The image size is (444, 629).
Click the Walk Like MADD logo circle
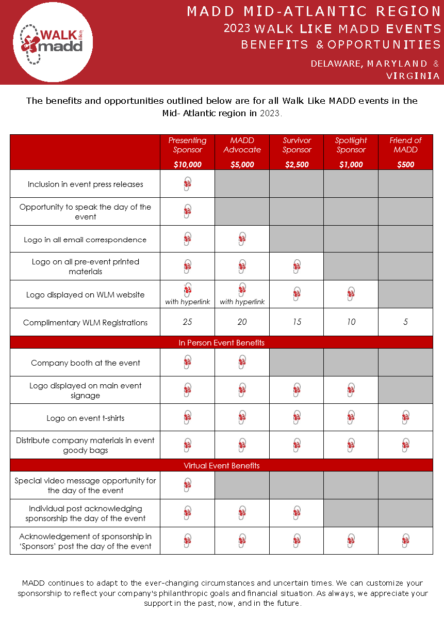(53, 42)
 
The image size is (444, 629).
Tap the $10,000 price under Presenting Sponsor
(188, 165)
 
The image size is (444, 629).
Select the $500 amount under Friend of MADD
(405, 165)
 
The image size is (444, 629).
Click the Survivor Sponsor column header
(297, 145)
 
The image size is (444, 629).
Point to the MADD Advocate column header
(242, 145)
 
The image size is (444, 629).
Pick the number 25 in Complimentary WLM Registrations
(188, 322)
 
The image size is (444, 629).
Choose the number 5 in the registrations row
(405, 322)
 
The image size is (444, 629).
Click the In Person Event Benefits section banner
(221, 342)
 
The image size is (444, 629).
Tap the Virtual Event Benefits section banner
(221, 465)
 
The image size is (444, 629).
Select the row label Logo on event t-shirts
(85, 418)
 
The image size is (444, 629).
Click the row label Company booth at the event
(85, 363)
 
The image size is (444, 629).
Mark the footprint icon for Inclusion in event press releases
(188, 184)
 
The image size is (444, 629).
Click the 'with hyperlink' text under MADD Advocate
(242, 302)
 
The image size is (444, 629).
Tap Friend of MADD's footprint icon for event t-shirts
(405, 417)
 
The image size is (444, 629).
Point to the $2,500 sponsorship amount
(297, 165)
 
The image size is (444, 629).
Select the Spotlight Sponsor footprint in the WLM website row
(351, 294)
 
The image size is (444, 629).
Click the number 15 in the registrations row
(297, 322)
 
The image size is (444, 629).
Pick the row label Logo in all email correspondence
(85, 240)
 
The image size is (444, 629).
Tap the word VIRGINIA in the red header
(413, 76)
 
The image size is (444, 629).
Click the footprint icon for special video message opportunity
(188, 485)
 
